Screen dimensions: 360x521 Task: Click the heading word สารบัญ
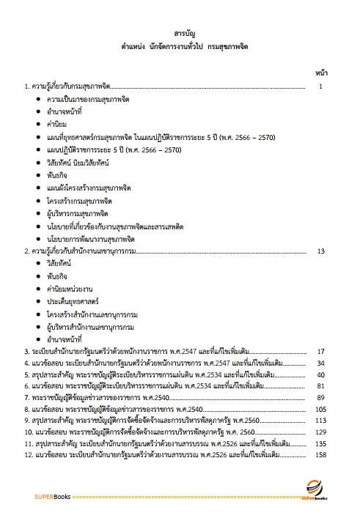click(x=180, y=34)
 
